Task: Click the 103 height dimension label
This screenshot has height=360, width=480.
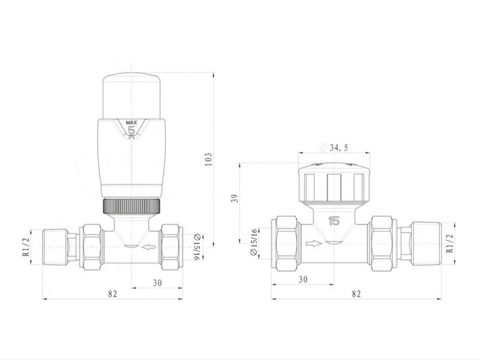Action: pyautogui.click(x=208, y=159)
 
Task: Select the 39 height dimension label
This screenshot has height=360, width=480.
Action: pyautogui.click(x=235, y=199)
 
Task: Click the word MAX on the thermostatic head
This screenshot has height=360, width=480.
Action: pyautogui.click(x=132, y=123)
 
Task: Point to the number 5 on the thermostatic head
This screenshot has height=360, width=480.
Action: pyautogui.click(x=131, y=130)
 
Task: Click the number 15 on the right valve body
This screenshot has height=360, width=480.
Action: pyautogui.click(x=334, y=221)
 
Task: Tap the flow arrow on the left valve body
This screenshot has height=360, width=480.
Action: pyautogui.click(x=149, y=247)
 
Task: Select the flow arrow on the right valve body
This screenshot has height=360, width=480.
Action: pyautogui.click(x=314, y=244)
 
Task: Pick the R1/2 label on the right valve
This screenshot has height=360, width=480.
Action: pyautogui.click(x=449, y=244)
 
